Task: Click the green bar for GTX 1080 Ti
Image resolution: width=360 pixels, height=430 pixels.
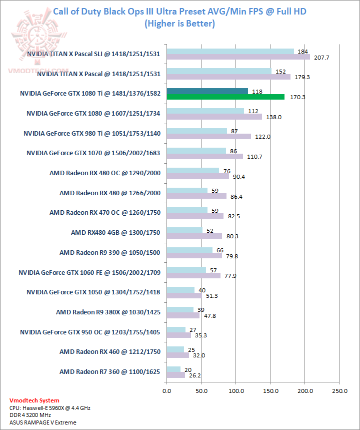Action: [225, 97]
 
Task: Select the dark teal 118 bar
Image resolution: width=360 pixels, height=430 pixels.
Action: [207, 91]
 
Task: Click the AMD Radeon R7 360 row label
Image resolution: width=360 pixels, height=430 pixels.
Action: [109, 371]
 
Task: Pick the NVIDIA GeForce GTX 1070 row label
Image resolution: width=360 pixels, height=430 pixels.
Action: [93, 153]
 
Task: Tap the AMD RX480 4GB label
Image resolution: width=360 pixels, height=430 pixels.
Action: [115, 232]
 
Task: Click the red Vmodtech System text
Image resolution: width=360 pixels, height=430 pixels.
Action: [34, 400]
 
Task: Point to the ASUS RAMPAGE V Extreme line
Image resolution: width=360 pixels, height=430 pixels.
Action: [43, 422]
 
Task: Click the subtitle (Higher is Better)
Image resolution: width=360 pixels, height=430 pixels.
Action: [179, 23]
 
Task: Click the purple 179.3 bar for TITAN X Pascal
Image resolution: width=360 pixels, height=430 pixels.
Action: [228, 77]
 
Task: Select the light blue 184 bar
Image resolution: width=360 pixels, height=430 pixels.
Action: [230, 51]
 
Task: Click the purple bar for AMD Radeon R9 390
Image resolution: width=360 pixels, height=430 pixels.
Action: [194, 256]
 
